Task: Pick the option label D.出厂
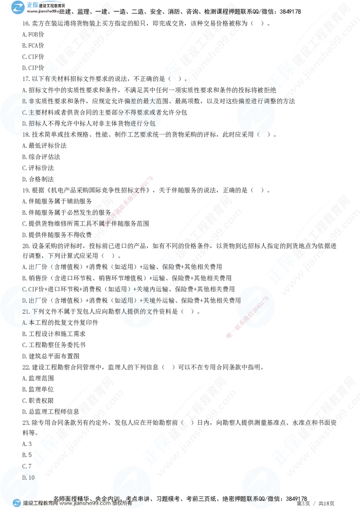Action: point(31,300)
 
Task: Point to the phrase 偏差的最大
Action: point(144,101)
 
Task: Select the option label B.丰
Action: point(28,101)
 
